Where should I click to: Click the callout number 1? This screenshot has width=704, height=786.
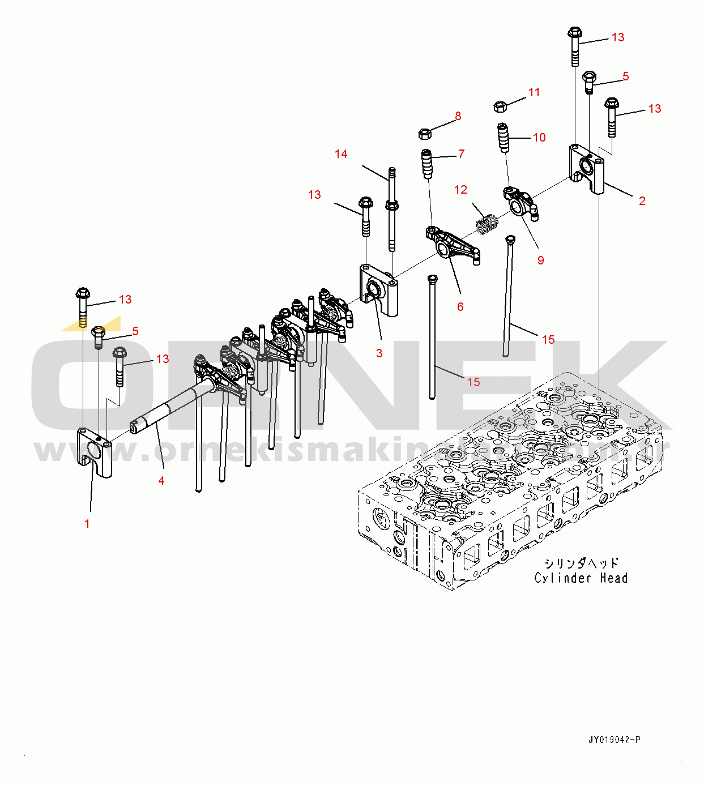pyautogui.click(x=87, y=524)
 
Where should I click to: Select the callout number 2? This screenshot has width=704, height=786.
pyautogui.click(x=642, y=201)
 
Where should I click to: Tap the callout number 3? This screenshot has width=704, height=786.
pyautogui.click(x=379, y=353)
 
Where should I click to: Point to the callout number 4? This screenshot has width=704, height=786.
pyautogui.click(x=161, y=481)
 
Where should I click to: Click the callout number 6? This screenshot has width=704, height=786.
pyautogui.click(x=460, y=307)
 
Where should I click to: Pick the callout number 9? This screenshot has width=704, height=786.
pyautogui.click(x=541, y=260)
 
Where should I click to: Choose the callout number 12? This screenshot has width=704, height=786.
pyautogui.click(x=461, y=190)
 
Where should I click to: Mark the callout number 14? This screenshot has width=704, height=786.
pyautogui.click(x=341, y=154)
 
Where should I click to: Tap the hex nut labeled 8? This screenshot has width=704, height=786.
pyautogui.click(x=425, y=134)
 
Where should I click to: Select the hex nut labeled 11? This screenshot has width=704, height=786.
pyautogui.click(x=500, y=106)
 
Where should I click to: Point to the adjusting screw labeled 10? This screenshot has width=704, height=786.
pyautogui.click(x=504, y=138)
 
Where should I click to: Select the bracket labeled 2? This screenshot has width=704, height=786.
pyautogui.click(x=587, y=168)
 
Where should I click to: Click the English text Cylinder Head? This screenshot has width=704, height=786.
pyautogui.click(x=581, y=578)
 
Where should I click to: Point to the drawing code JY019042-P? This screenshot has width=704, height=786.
pyautogui.click(x=615, y=740)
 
